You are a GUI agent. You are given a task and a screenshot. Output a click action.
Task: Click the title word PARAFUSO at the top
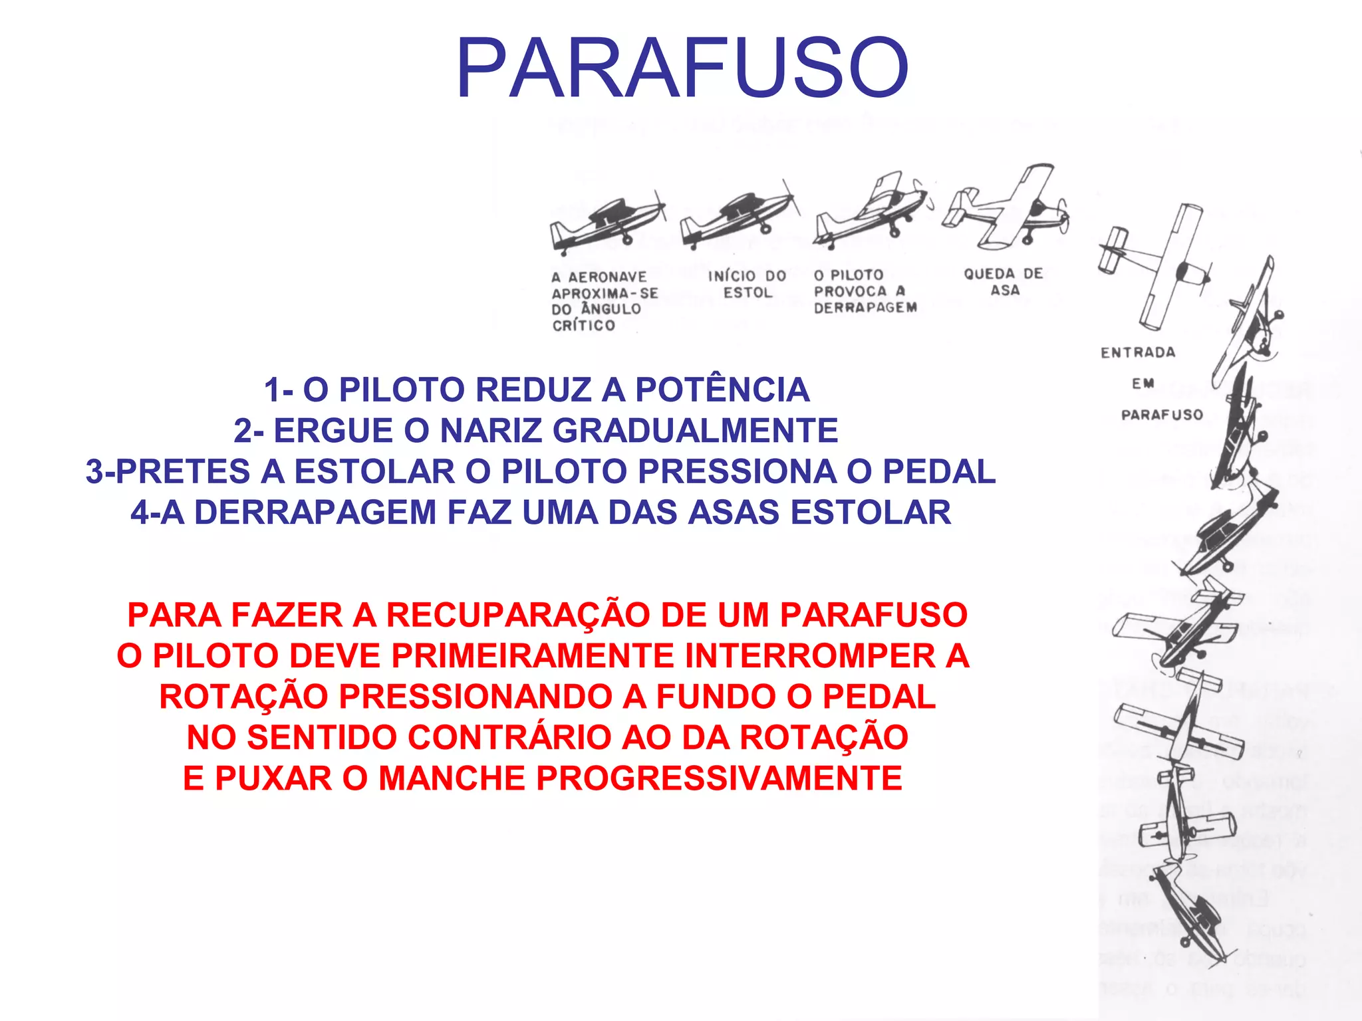[x=682, y=68]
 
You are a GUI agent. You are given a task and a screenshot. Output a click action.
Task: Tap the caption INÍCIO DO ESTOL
[x=747, y=284]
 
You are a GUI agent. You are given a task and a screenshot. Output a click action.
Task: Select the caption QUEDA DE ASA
[x=1004, y=282]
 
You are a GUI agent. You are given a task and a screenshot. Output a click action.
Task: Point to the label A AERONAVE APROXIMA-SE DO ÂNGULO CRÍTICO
[x=604, y=301]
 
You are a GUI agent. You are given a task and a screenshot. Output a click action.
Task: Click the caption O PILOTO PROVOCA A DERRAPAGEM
[x=865, y=291]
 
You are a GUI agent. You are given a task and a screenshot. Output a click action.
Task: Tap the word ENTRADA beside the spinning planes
[x=1138, y=353]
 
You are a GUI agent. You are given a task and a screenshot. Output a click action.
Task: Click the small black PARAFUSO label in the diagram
[x=1162, y=415]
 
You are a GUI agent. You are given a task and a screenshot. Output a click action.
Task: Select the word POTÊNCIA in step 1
[x=722, y=390]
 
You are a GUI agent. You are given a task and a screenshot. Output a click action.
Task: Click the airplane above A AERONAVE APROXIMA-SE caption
[x=607, y=223]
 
